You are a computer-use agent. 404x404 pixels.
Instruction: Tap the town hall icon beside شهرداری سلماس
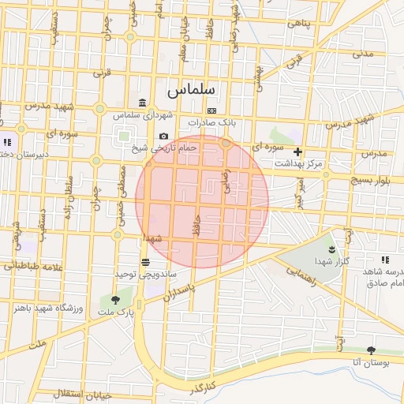[x=142, y=103]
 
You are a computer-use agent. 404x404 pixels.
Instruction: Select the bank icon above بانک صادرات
[x=211, y=110]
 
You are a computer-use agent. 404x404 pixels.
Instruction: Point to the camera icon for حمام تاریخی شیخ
[x=163, y=137]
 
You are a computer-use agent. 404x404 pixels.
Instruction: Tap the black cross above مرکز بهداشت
[x=297, y=151]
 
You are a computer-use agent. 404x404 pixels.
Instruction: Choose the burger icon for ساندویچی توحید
[x=145, y=262]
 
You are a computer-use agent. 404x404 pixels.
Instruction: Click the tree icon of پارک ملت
[x=116, y=300]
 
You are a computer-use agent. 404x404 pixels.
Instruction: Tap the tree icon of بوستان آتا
[x=372, y=350]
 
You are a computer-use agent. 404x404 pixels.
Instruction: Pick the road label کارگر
[x=202, y=388]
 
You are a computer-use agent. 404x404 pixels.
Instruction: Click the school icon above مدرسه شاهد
[x=385, y=260]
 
